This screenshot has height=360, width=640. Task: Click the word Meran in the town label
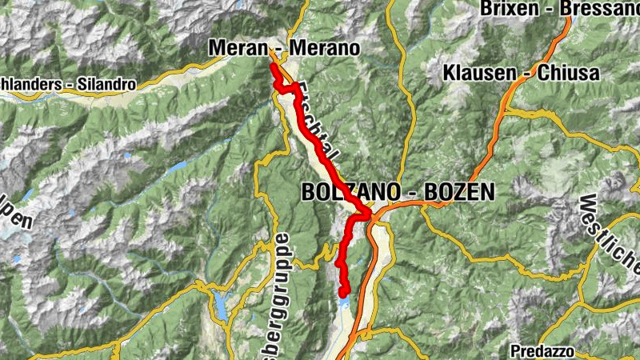(x=236, y=48)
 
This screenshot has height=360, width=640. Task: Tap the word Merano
(x=325, y=48)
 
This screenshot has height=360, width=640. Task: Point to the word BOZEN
(x=459, y=192)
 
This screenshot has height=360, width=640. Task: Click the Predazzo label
(x=544, y=350)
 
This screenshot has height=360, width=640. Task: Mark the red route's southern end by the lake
(x=344, y=293)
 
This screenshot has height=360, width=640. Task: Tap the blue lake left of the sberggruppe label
(x=219, y=302)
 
